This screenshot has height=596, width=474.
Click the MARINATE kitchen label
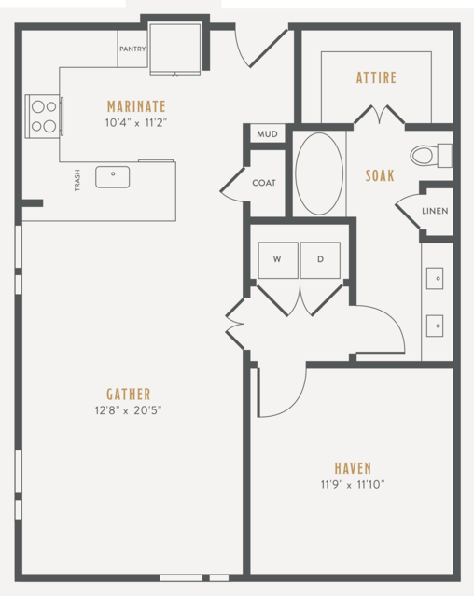click(136, 106)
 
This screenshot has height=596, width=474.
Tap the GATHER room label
click(129, 395)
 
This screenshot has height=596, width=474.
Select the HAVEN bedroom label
click(353, 468)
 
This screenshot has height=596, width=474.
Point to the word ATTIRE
click(376, 77)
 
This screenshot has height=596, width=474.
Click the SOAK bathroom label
click(380, 175)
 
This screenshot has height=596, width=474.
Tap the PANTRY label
click(132, 49)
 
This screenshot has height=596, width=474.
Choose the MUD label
click(267, 134)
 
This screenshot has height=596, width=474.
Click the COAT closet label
click(264, 183)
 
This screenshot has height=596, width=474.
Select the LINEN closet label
click(435, 211)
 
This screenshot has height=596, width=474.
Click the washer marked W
click(278, 260)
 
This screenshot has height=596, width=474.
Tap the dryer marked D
click(320, 260)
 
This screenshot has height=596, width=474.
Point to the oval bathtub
click(319, 173)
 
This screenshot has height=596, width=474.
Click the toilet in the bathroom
click(431, 156)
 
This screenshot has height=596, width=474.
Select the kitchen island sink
click(113, 177)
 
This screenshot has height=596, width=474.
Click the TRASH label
click(77, 180)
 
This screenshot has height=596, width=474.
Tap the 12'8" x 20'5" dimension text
click(129, 410)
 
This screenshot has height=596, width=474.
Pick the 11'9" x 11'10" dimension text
click(353, 485)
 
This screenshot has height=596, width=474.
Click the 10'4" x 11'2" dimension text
click(136, 123)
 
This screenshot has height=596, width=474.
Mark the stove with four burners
click(44, 117)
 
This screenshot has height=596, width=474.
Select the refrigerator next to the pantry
click(174, 49)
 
